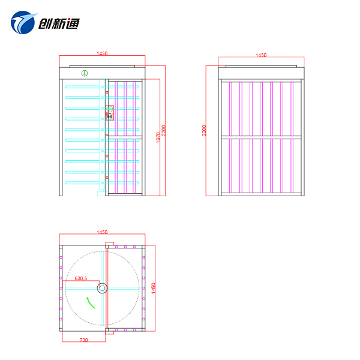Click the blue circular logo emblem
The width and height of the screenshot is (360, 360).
click(23, 23)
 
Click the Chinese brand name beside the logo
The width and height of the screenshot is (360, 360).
click(59, 23)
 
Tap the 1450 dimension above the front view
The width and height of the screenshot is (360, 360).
click(102, 53)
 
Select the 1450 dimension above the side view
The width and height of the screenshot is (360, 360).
click(261, 55)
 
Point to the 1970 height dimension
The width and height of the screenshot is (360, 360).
click(158, 137)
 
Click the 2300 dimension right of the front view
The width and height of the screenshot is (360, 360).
click(163, 130)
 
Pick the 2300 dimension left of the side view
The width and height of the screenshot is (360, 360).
click(204, 130)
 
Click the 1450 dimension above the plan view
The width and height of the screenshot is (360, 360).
click(102, 232)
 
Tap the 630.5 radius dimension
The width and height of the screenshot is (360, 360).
click(81, 278)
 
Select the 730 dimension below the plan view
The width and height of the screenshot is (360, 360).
click(83, 340)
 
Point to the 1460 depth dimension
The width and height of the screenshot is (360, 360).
click(154, 288)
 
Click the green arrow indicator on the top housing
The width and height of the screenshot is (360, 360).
click(85, 73)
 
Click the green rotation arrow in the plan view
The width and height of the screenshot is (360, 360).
click(91, 302)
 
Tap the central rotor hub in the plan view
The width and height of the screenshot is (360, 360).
click(102, 288)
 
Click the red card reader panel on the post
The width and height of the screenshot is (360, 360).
click(110, 113)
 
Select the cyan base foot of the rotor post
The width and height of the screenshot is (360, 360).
click(102, 194)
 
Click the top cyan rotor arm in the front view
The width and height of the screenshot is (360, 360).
click(102, 87)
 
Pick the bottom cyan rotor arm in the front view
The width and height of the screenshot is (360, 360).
click(102, 183)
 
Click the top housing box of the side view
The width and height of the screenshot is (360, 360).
click(261, 73)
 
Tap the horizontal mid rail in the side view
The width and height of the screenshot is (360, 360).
click(261, 137)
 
